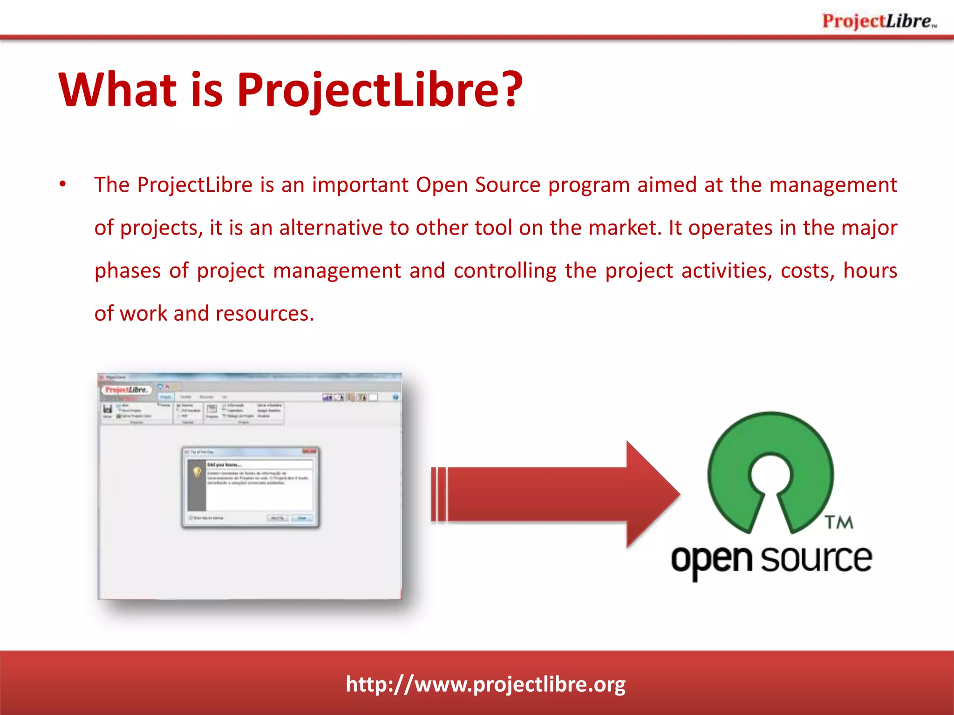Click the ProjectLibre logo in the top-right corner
coord(879,21)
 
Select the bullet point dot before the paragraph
coord(63,184)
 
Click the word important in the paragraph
coord(360,185)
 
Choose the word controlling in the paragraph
coord(505,270)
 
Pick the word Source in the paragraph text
coord(508,185)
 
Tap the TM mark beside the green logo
coord(839,522)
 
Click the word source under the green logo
coord(816,559)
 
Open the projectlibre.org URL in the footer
coord(485,684)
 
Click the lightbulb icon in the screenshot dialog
coord(197,472)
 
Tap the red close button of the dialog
coord(309,451)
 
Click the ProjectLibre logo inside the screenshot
coord(126,390)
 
